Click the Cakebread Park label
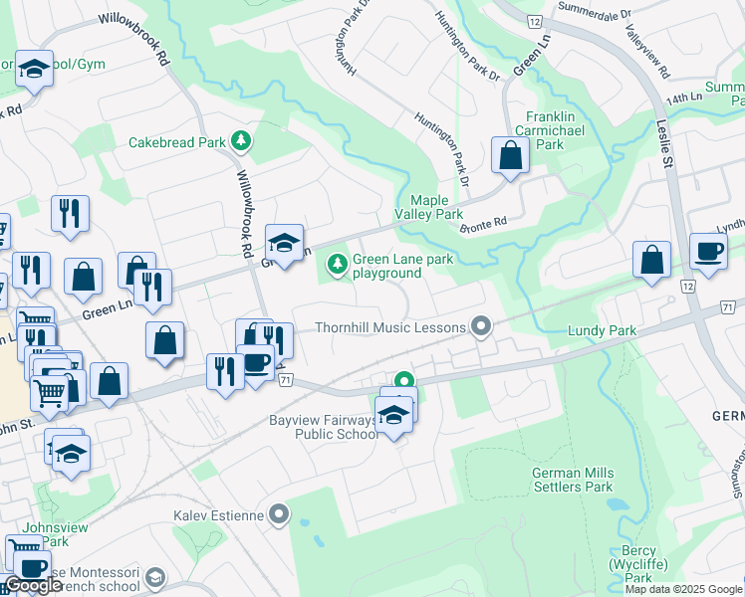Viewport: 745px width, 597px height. coord(177,142)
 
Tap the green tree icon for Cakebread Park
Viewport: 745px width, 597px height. coord(240,141)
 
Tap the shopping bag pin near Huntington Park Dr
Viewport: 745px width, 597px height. coord(510,156)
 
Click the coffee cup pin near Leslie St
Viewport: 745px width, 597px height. coord(708,252)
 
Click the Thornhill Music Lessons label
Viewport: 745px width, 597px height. coord(390,327)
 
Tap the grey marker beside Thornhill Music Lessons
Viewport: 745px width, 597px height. coord(481,326)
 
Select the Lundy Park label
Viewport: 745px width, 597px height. coord(601,329)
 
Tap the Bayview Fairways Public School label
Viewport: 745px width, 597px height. coord(324,427)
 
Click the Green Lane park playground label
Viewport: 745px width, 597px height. coord(387,266)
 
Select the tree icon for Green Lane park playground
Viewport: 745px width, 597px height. coord(338,264)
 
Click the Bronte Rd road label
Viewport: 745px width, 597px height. coord(484,226)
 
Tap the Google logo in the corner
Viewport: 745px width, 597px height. coord(32,586)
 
